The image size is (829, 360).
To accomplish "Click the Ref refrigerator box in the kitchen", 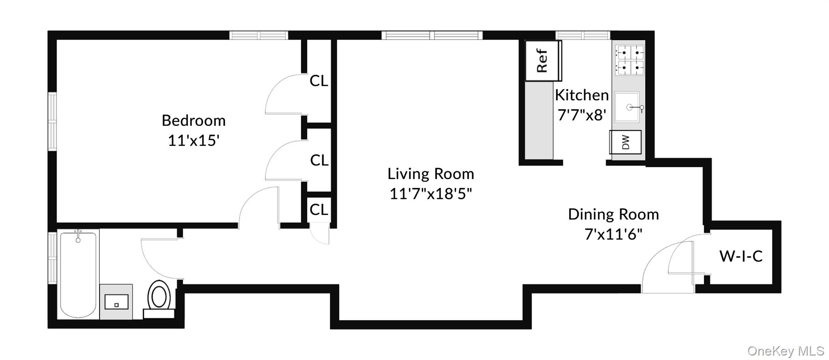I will pos(543,61).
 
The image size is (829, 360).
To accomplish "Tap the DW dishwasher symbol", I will pos(625,142).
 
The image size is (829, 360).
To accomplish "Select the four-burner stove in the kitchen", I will pos(629,60).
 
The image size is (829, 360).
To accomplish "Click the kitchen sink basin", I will pos(627,107).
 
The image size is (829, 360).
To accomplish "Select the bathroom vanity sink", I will pos(116,302).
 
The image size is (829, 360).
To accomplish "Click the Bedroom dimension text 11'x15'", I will pos(193,141).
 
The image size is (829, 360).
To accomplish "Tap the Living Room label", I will pos(431,174).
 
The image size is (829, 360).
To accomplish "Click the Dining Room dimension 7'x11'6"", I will pos(613,234).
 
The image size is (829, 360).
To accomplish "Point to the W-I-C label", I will pos(741,256).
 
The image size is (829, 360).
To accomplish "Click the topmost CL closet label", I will pos(319,81).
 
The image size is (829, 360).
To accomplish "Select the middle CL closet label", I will pos(319,160).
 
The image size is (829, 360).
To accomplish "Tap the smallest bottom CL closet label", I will pos(319,210).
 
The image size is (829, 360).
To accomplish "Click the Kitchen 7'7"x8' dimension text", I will pos(582,115).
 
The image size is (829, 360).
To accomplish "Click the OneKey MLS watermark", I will pos(785,351).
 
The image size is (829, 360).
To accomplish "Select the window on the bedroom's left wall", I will pos(52,121).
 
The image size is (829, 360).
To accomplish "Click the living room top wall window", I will pos(432,35).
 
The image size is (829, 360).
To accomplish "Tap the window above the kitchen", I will pos(582,35).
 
